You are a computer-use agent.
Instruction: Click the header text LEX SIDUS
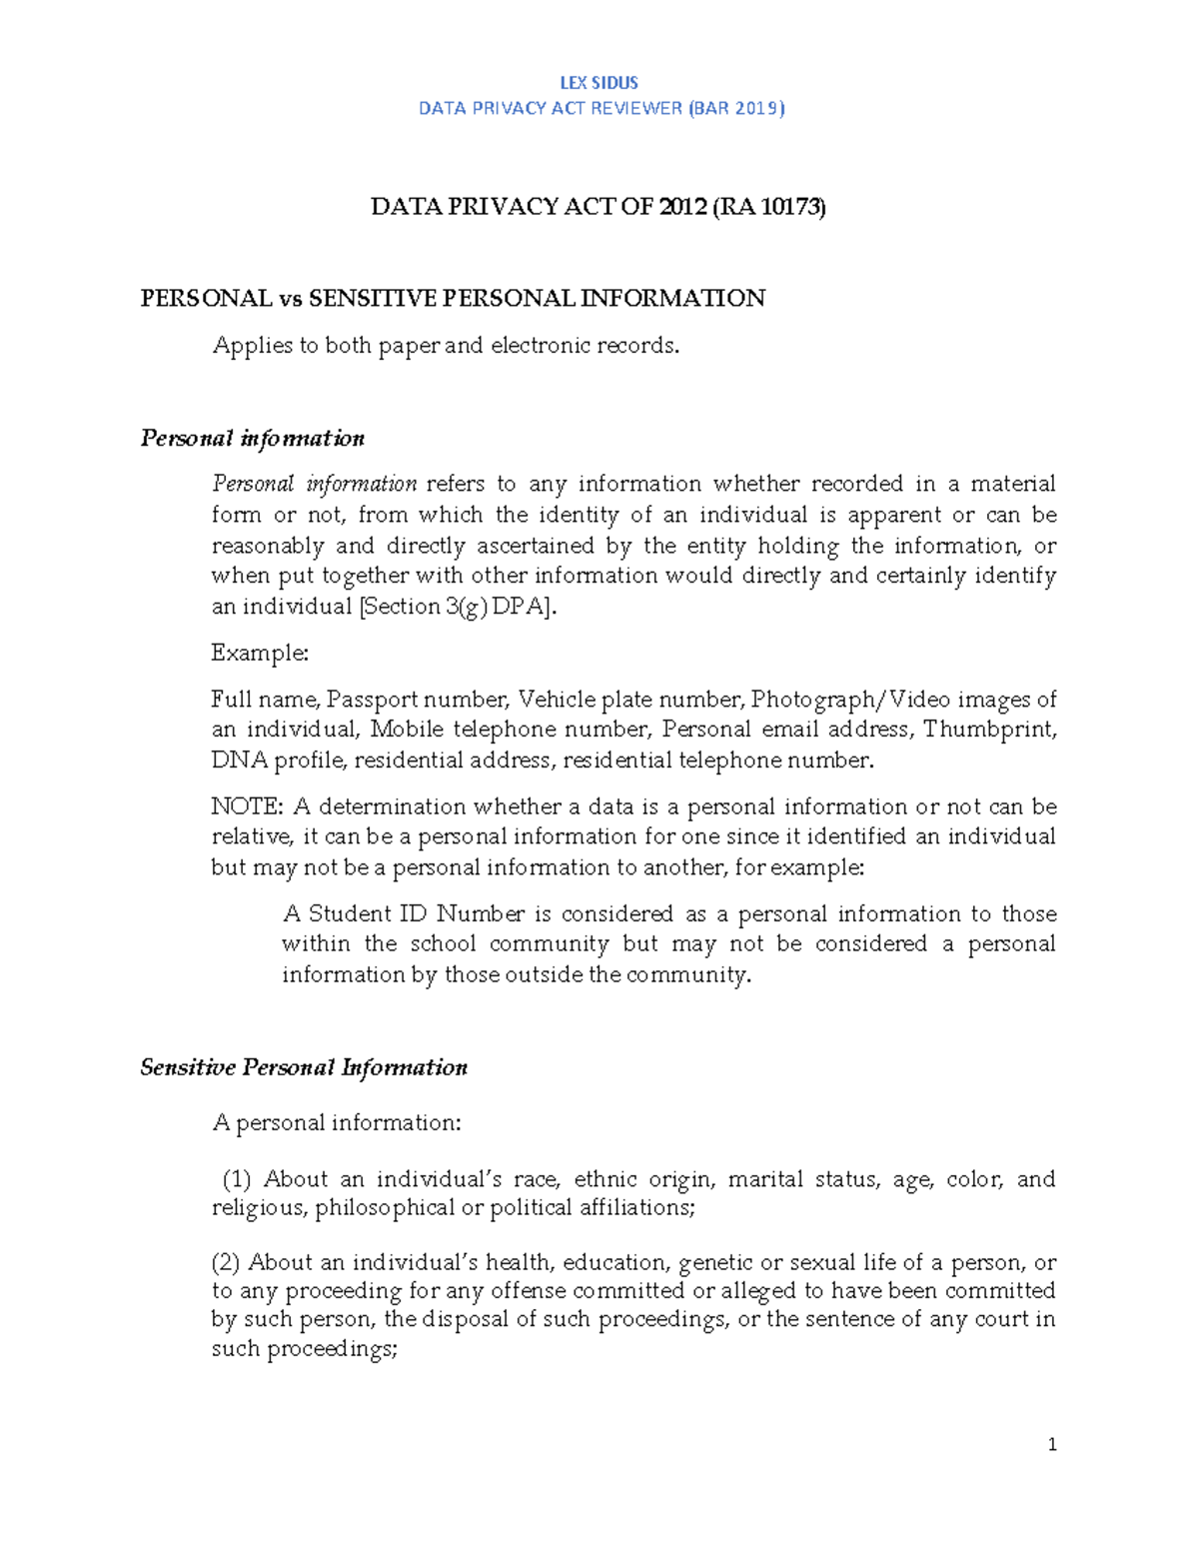click(x=599, y=83)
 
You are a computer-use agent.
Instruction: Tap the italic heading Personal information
click(x=252, y=439)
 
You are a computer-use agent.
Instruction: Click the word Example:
click(x=260, y=654)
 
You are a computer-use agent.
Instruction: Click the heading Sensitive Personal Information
click(x=304, y=1067)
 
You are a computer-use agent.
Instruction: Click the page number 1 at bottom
click(x=1052, y=1444)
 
